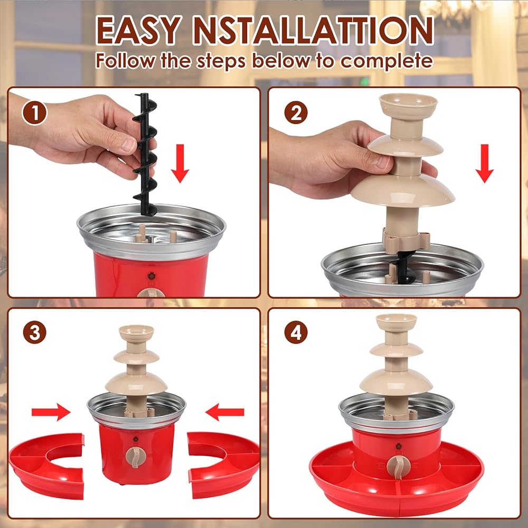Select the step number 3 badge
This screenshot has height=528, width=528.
35,332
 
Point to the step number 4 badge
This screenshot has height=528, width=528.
296,332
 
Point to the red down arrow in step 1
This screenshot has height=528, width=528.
180,163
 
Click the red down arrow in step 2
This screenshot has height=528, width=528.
485,163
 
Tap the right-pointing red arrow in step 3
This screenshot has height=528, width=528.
51,412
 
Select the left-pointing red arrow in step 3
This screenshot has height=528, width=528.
224,412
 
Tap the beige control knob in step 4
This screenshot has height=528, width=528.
398,467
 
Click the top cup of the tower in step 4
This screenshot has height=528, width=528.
397,322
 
